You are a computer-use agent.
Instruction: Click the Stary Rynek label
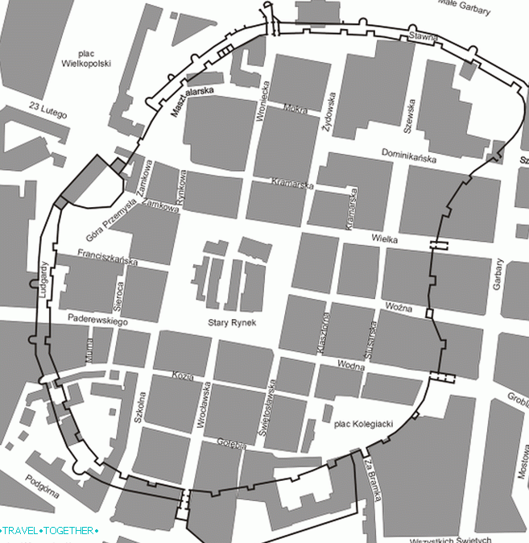click(230, 323)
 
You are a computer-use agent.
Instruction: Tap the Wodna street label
click(351, 367)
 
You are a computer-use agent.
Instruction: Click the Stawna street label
click(423, 36)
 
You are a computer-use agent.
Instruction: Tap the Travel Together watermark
click(50, 532)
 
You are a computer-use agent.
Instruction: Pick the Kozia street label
click(184, 376)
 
